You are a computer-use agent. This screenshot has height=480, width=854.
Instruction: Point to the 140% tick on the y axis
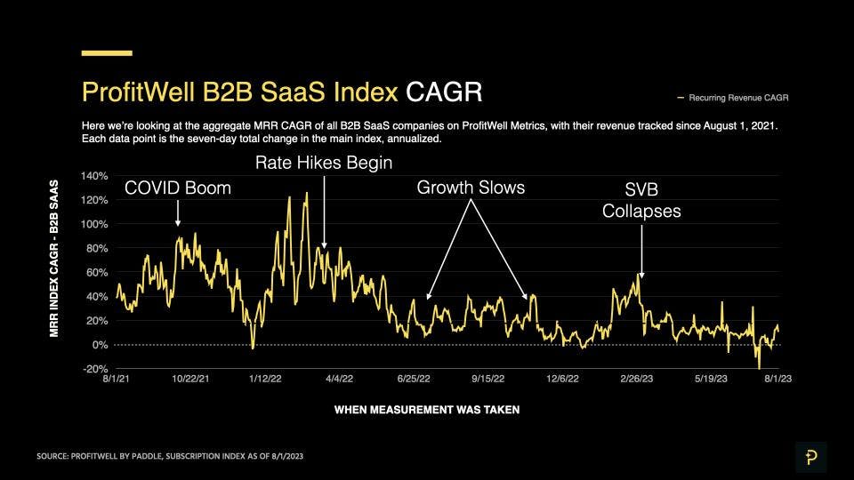pyautogui.click(x=94, y=176)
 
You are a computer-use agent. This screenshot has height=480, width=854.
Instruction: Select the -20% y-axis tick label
pyautogui.click(x=94, y=369)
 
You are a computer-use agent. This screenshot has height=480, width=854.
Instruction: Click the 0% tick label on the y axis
pyautogui.click(x=100, y=345)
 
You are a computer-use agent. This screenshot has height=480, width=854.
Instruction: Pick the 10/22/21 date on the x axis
pyautogui.click(x=190, y=378)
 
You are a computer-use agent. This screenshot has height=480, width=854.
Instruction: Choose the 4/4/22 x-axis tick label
pyautogui.click(x=339, y=378)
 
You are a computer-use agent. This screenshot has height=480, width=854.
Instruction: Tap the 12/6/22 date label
pyautogui.click(x=562, y=378)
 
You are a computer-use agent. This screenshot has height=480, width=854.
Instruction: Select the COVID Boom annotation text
pyautogui.click(x=177, y=188)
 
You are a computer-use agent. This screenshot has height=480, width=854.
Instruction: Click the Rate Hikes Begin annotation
pyautogui.click(x=323, y=163)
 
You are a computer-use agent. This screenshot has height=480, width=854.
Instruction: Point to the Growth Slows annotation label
pyautogui.click(x=471, y=188)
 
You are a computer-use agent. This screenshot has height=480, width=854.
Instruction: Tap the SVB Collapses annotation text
pyautogui.click(x=640, y=200)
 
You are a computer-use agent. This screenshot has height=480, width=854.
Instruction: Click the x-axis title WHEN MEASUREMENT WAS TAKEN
pyautogui.click(x=427, y=411)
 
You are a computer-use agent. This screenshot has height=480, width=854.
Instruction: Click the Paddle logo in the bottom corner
pyautogui.click(x=810, y=457)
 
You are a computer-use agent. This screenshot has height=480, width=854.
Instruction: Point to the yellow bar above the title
pyautogui.click(x=107, y=53)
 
